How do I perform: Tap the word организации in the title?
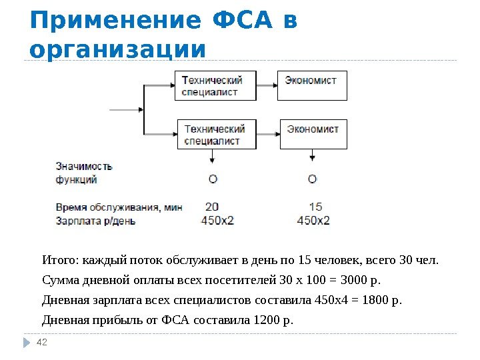118,50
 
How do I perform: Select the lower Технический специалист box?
215,133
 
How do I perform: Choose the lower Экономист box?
313,133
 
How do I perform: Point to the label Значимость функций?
84,173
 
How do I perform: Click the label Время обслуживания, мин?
119,207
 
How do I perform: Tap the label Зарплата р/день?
95,220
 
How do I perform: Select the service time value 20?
212,207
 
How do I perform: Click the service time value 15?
316,207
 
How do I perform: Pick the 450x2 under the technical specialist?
217,221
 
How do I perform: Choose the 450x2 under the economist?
313,221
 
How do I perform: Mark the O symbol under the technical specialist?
213,179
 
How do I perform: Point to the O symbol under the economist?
312,179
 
